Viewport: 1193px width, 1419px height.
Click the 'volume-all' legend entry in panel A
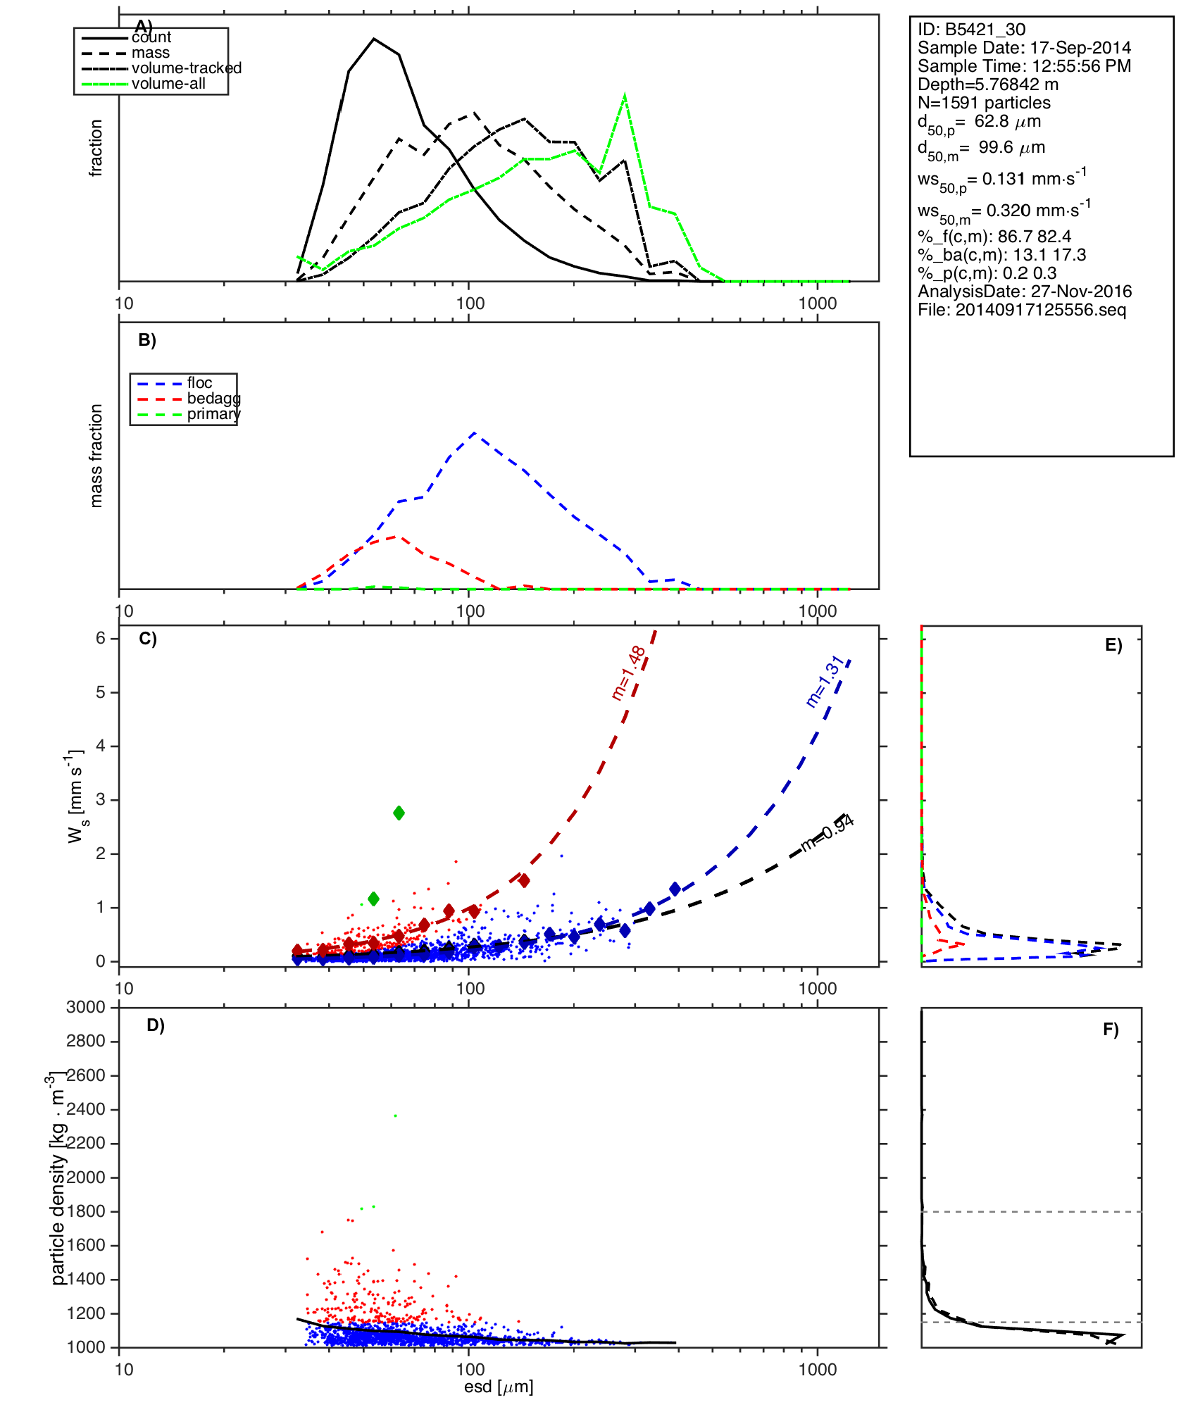point(168,84)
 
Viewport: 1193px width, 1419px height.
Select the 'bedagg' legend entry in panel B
point(213,399)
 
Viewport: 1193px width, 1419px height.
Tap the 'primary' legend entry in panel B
point(213,414)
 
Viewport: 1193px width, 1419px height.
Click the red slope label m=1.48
point(629,673)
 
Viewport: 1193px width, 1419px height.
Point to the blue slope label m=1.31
point(825,681)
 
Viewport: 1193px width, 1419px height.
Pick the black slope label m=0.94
point(827,832)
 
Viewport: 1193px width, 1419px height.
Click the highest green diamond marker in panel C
point(399,813)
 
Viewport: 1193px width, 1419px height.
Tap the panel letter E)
point(1113,645)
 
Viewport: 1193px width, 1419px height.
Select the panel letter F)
point(1111,1030)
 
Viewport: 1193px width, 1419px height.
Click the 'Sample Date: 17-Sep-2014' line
point(1024,48)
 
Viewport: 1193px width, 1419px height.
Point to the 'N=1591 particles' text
point(984,103)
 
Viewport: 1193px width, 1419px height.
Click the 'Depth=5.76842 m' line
point(987,85)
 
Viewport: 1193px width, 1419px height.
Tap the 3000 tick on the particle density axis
point(86,1007)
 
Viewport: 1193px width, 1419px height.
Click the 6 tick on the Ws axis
point(101,638)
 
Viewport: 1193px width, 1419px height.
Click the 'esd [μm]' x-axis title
point(499,1387)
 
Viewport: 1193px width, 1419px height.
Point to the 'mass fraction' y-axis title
point(96,456)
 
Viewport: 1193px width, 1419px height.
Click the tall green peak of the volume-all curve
point(625,96)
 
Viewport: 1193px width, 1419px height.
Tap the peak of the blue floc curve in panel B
point(474,432)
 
